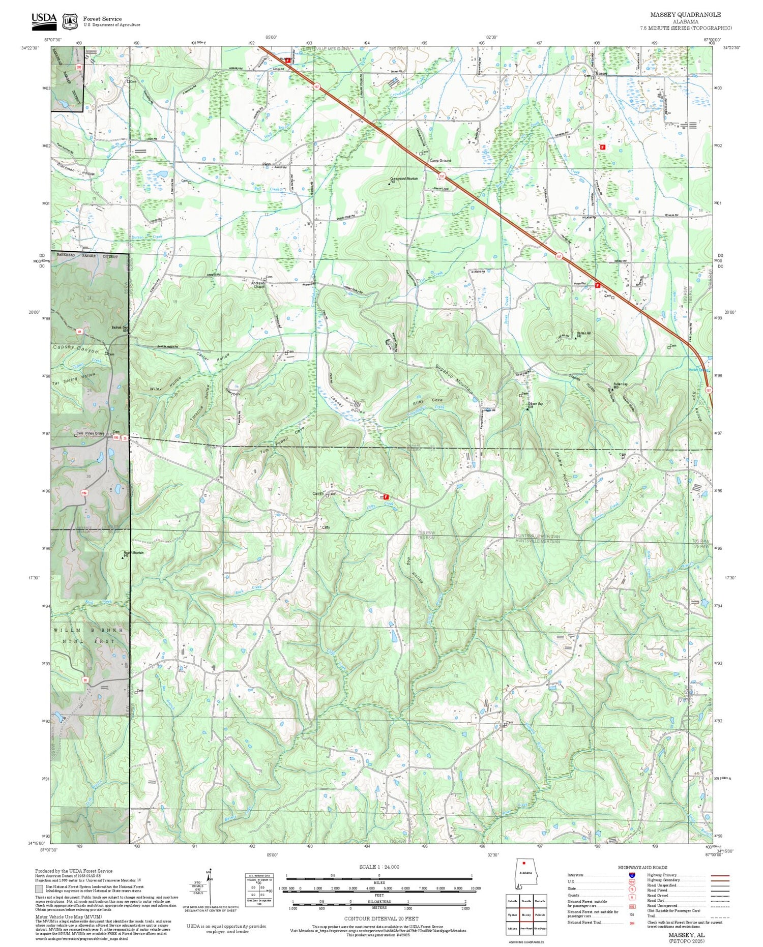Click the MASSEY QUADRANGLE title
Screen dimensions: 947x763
(x=685, y=15)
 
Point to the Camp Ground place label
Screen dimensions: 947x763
(x=440, y=161)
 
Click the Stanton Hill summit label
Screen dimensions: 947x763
(x=583, y=334)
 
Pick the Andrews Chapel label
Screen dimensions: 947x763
(x=258, y=285)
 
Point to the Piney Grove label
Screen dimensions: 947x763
(x=95, y=433)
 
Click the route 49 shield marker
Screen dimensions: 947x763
(x=79, y=332)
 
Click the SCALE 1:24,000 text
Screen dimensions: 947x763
(x=379, y=867)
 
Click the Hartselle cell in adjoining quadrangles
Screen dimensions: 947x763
(x=540, y=901)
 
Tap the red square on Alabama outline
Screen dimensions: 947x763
(x=523, y=863)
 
